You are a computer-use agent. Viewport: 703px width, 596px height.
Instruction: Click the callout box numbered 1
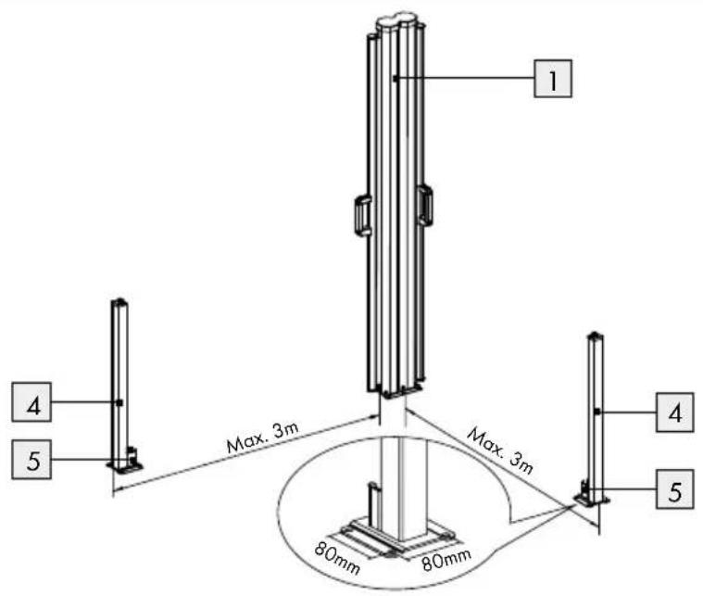pyautogui.click(x=553, y=78)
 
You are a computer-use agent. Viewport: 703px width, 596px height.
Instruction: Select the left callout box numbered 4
pyautogui.click(x=31, y=401)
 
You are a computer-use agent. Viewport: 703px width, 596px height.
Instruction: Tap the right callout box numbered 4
pyautogui.click(x=675, y=412)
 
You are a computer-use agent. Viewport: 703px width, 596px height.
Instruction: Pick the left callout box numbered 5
pyautogui.click(x=31, y=459)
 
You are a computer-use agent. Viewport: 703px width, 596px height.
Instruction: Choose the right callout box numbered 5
pyautogui.click(x=675, y=488)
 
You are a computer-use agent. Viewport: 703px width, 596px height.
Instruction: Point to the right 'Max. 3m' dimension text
pyautogui.click(x=501, y=451)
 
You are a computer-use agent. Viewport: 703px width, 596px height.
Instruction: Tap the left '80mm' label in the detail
pyautogui.click(x=337, y=559)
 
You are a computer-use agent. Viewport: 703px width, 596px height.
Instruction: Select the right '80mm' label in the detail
pyautogui.click(x=446, y=560)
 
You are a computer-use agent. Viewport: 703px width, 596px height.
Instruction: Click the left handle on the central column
pyautogui.click(x=363, y=215)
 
